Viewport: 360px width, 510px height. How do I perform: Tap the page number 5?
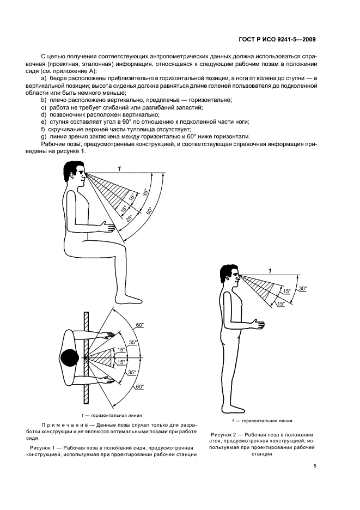click(315, 466)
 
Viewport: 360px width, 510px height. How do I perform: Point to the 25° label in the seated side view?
click(130, 218)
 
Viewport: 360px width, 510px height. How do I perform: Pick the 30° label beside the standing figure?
click(303, 288)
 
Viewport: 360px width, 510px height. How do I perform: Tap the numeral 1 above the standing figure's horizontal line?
click(270, 270)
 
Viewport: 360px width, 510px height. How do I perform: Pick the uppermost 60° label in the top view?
click(140, 325)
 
